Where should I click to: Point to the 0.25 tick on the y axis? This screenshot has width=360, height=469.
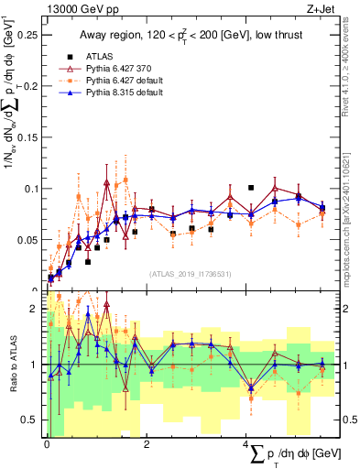(29, 34)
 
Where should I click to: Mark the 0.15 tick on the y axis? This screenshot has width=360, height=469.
(29, 137)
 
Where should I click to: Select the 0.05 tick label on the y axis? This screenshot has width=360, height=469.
(29, 240)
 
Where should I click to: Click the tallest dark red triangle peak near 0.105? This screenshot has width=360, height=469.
(107, 182)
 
